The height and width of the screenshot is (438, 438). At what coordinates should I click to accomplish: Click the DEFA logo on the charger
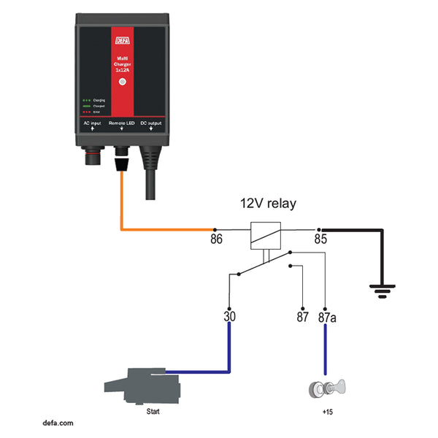pyautogui.click(x=121, y=42)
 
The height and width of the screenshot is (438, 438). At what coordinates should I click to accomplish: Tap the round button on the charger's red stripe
pyautogui.click(x=122, y=82)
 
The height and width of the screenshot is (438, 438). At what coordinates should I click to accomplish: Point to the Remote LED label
pyautogui.click(x=121, y=125)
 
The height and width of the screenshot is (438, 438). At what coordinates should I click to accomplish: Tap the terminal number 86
pyautogui.click(x=217, y=238)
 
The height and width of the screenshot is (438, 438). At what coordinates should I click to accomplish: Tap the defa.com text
pyautogui.click(x=58, y=423)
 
